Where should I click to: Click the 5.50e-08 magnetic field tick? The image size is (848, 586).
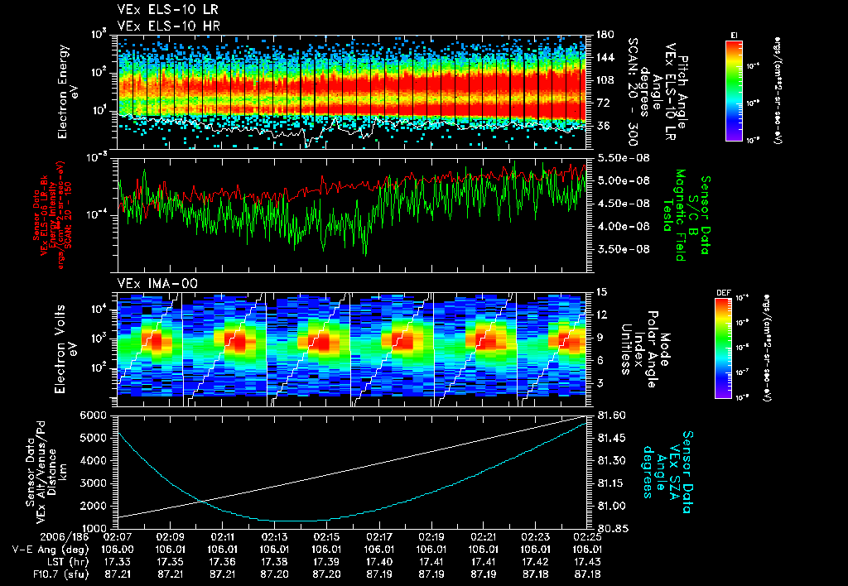tap(614, 157)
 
